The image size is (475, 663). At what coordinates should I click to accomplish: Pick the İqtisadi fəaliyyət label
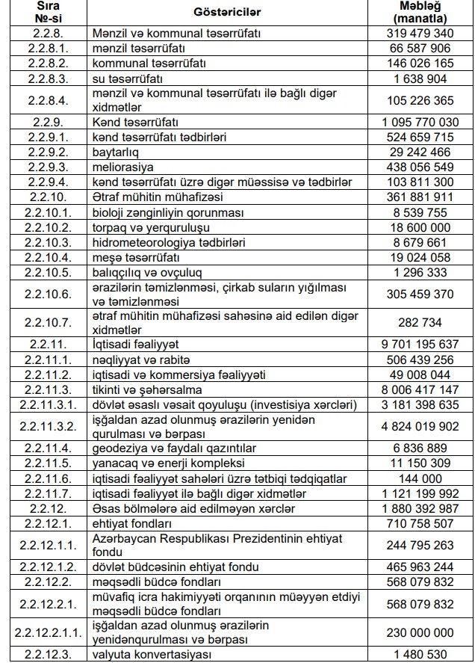click(134, 345)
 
